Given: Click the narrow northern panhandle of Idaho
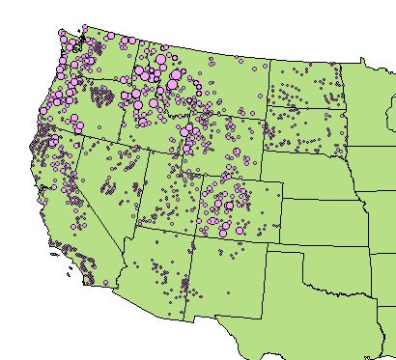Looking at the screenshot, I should coord(133,63).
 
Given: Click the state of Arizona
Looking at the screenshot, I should coord(155,270).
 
